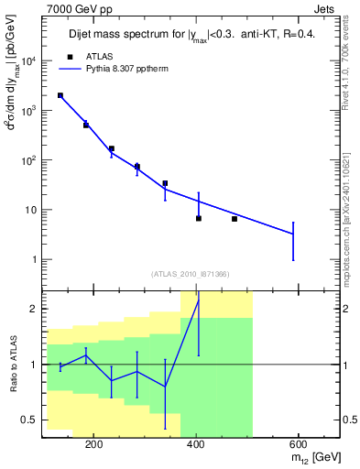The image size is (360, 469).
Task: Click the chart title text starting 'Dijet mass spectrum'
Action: click(192, 36)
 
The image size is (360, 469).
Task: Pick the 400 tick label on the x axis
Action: click(195, 444)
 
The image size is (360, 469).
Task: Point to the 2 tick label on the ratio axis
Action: click(33, 309)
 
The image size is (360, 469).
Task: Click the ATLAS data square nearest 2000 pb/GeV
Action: click(60, 95)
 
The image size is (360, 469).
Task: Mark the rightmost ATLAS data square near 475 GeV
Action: click(235, 219)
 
